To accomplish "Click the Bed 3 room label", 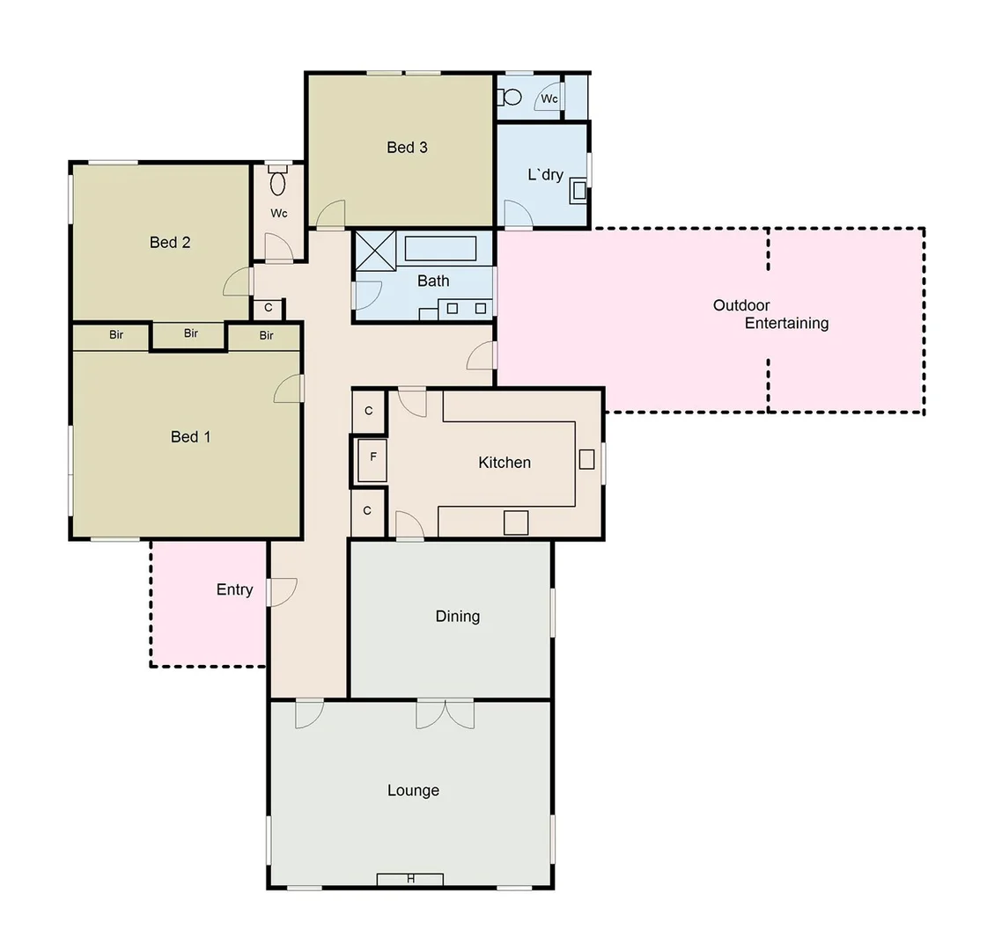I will click(407, 148).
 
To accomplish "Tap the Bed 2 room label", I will click(170, 243).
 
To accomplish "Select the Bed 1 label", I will click(190, 437).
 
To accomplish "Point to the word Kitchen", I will click(505, 463).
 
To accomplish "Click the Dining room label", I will click(458, 617).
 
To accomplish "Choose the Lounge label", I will click(413, 791).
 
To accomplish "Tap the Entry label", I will click(234, 590).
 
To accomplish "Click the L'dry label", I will click(545, 175).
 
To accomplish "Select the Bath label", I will click(433, 281).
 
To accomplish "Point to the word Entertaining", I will click(786, 324).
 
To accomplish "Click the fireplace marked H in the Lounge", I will click(410, 879).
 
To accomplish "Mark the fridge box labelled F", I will click(373, 457).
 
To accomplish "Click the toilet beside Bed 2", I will click(278, 183).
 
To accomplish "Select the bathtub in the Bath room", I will click(440, 249).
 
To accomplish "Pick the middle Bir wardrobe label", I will click(191, 334).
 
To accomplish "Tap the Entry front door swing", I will click(284, 591).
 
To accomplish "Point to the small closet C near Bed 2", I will click(269, 309).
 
